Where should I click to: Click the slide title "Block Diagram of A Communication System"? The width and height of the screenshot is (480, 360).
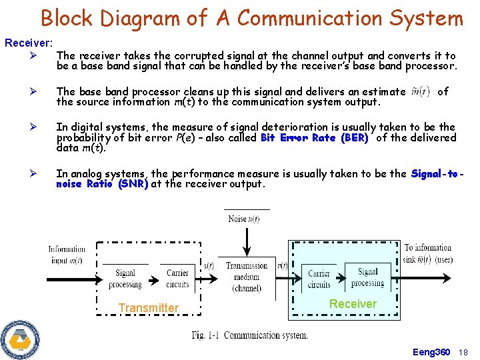[251, 18]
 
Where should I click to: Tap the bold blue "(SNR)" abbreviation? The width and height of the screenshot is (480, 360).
[133, 184]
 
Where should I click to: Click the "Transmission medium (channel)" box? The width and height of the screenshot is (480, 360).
[247, 277]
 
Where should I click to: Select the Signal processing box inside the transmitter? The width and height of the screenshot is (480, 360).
[125, 278]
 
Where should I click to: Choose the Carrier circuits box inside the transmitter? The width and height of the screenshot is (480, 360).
[177, 278]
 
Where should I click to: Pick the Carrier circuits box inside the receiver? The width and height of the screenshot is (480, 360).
[319, 279]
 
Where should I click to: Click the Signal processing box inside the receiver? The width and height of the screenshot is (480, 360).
[367, 277]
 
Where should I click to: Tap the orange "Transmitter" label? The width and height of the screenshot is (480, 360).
[148, 308]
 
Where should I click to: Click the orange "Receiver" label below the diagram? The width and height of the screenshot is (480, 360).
[353, 304]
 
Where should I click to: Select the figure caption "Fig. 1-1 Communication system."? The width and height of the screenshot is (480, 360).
[249, 335]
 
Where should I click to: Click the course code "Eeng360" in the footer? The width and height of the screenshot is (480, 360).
[431, 352]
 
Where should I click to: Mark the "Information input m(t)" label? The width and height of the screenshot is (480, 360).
[66, 255]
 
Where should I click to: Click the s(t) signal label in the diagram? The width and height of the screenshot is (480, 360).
[208, 265]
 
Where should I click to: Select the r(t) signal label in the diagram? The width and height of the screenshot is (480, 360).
[282, 265]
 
